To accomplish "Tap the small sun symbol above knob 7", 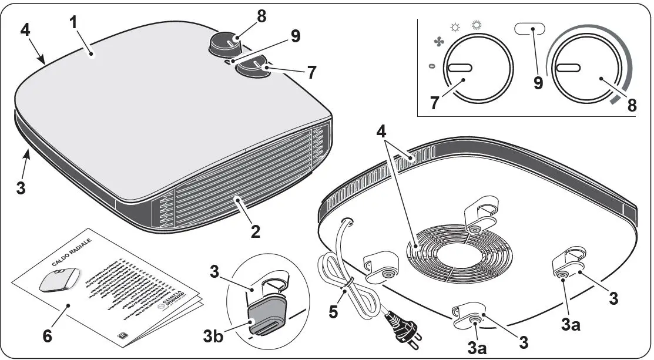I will coord(454,27).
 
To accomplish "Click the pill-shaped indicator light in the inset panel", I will coord(529,28).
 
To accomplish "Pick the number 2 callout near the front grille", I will coord(256,231).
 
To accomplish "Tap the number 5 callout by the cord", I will coord(333,312).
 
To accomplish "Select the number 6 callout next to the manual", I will coord(46,337).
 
